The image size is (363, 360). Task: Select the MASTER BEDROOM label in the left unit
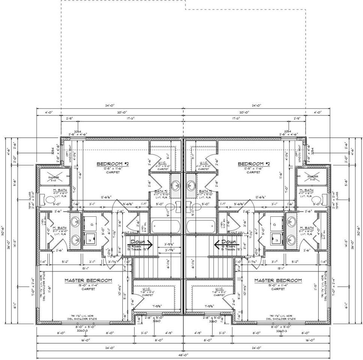pos(88,280)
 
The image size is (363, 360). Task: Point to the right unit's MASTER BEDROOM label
pos(278,280)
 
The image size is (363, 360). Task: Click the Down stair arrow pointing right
pos(142,244)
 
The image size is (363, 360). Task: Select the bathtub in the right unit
pos(201,226)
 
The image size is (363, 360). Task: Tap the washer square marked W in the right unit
pos(277,237)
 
